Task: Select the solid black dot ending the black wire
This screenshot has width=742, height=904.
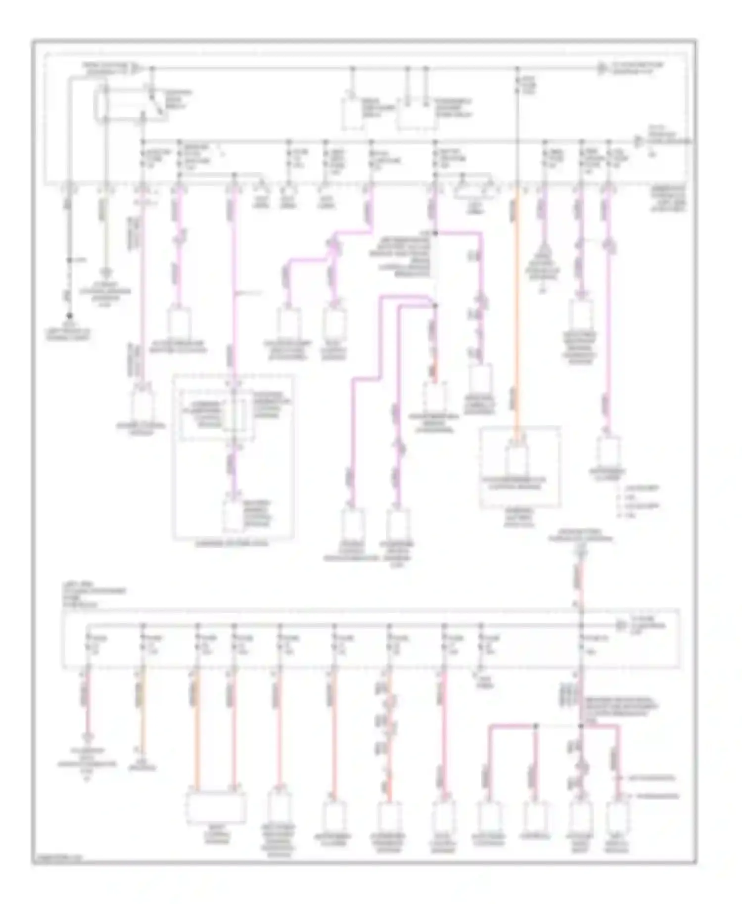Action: [69, 315]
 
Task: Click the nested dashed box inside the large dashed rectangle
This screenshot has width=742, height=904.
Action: [217, 414]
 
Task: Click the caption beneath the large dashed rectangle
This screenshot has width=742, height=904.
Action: [232, 543]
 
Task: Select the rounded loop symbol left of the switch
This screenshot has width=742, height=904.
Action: [105, 103]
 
